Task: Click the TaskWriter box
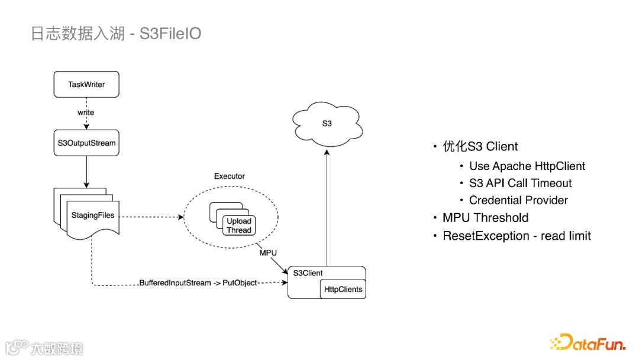[86, 85]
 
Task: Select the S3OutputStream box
[86, 143]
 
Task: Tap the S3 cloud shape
[327, 124]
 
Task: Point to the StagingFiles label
[93, 215]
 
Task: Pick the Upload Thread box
[239, 226]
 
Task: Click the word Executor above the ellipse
[229, 176]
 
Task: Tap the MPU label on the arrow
[268, 253]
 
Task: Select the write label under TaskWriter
[86, 112]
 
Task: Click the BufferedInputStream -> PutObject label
[198, 283]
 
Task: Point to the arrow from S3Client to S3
[327, 207]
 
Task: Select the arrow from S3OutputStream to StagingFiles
[86, 172]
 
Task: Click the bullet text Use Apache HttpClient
[527, 166]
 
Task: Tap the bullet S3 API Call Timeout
[520, 184]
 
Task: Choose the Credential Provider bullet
[518, 200]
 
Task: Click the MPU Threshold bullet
[485, 218]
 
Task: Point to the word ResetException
[485, 236]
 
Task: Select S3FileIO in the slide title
[170, 34]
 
